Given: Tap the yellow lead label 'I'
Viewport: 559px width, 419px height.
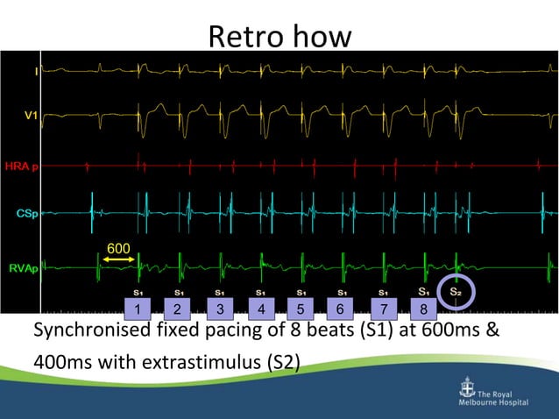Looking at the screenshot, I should [x=35, y=70].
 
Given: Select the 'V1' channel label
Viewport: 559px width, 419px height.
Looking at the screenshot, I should [x=31, y=115].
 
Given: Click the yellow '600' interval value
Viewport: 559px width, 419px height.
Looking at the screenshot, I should [x=118, y=248].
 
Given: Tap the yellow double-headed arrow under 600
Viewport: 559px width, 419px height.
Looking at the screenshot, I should [x=117, y=260].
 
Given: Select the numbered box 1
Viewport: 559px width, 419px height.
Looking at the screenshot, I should [x=138, y=309].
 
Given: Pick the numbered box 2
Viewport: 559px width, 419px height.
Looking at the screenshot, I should [x=177, y=309].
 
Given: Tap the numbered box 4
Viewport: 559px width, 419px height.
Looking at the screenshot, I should [x=260, y=309].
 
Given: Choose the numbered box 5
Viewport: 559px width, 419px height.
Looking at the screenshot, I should [x=300, y=309].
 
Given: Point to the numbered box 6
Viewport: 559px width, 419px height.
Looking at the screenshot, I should [x=340, y=309].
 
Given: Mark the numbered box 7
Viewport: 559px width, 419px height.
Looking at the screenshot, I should [x=381, y=309].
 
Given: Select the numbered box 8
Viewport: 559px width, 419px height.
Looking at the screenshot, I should [x=423, y=309].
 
